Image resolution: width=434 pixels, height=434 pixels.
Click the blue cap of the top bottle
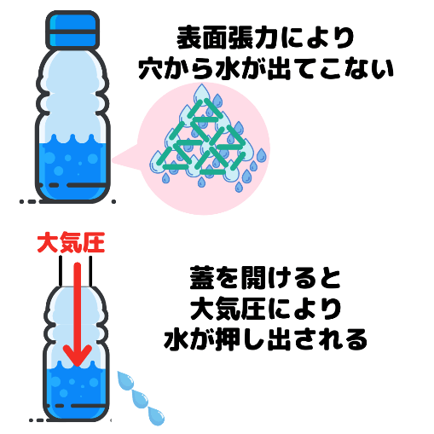click(x=72, y=31)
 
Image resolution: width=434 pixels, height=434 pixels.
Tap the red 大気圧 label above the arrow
click(x=71, y=242)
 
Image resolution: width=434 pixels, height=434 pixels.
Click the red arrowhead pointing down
click(x=78, y=356)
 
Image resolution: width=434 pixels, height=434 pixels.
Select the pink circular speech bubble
click(x=202, y=148)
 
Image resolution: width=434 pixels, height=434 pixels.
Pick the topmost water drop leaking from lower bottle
click(x=125, y=380)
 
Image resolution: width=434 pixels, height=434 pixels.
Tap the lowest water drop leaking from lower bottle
click(x=156, y=416)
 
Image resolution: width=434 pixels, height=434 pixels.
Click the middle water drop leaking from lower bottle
click(x=140, y=399)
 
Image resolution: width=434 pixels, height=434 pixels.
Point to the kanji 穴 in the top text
click(x=151, y=69)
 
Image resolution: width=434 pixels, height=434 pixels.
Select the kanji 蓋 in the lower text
click(x=202, y=278)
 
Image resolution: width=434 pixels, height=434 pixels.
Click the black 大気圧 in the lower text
click(x=228, y=309)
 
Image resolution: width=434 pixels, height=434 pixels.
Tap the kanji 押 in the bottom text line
click(x=228, y=339)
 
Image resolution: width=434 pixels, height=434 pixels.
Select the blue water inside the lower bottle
click(x=76, y=391)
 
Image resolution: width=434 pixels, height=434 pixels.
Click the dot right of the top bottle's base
click(x=113, y=201)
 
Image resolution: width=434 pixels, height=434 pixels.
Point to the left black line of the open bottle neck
click(x=61, y=270)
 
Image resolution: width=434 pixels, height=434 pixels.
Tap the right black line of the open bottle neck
click(x=90, y=270)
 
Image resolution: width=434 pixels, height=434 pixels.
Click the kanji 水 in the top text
click(x=227, y=69)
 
